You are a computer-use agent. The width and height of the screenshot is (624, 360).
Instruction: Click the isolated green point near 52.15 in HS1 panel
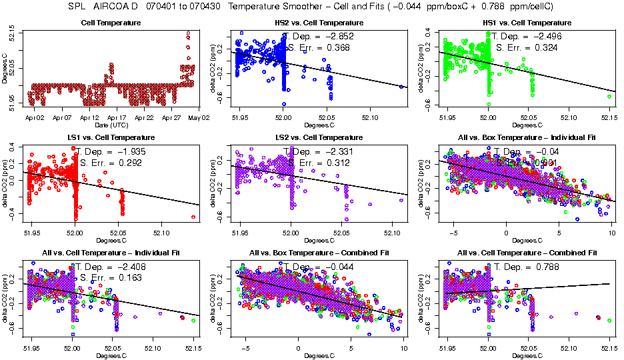click(609, 96)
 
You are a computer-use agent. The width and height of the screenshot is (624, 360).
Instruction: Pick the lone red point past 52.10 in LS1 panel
click(193, 217)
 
